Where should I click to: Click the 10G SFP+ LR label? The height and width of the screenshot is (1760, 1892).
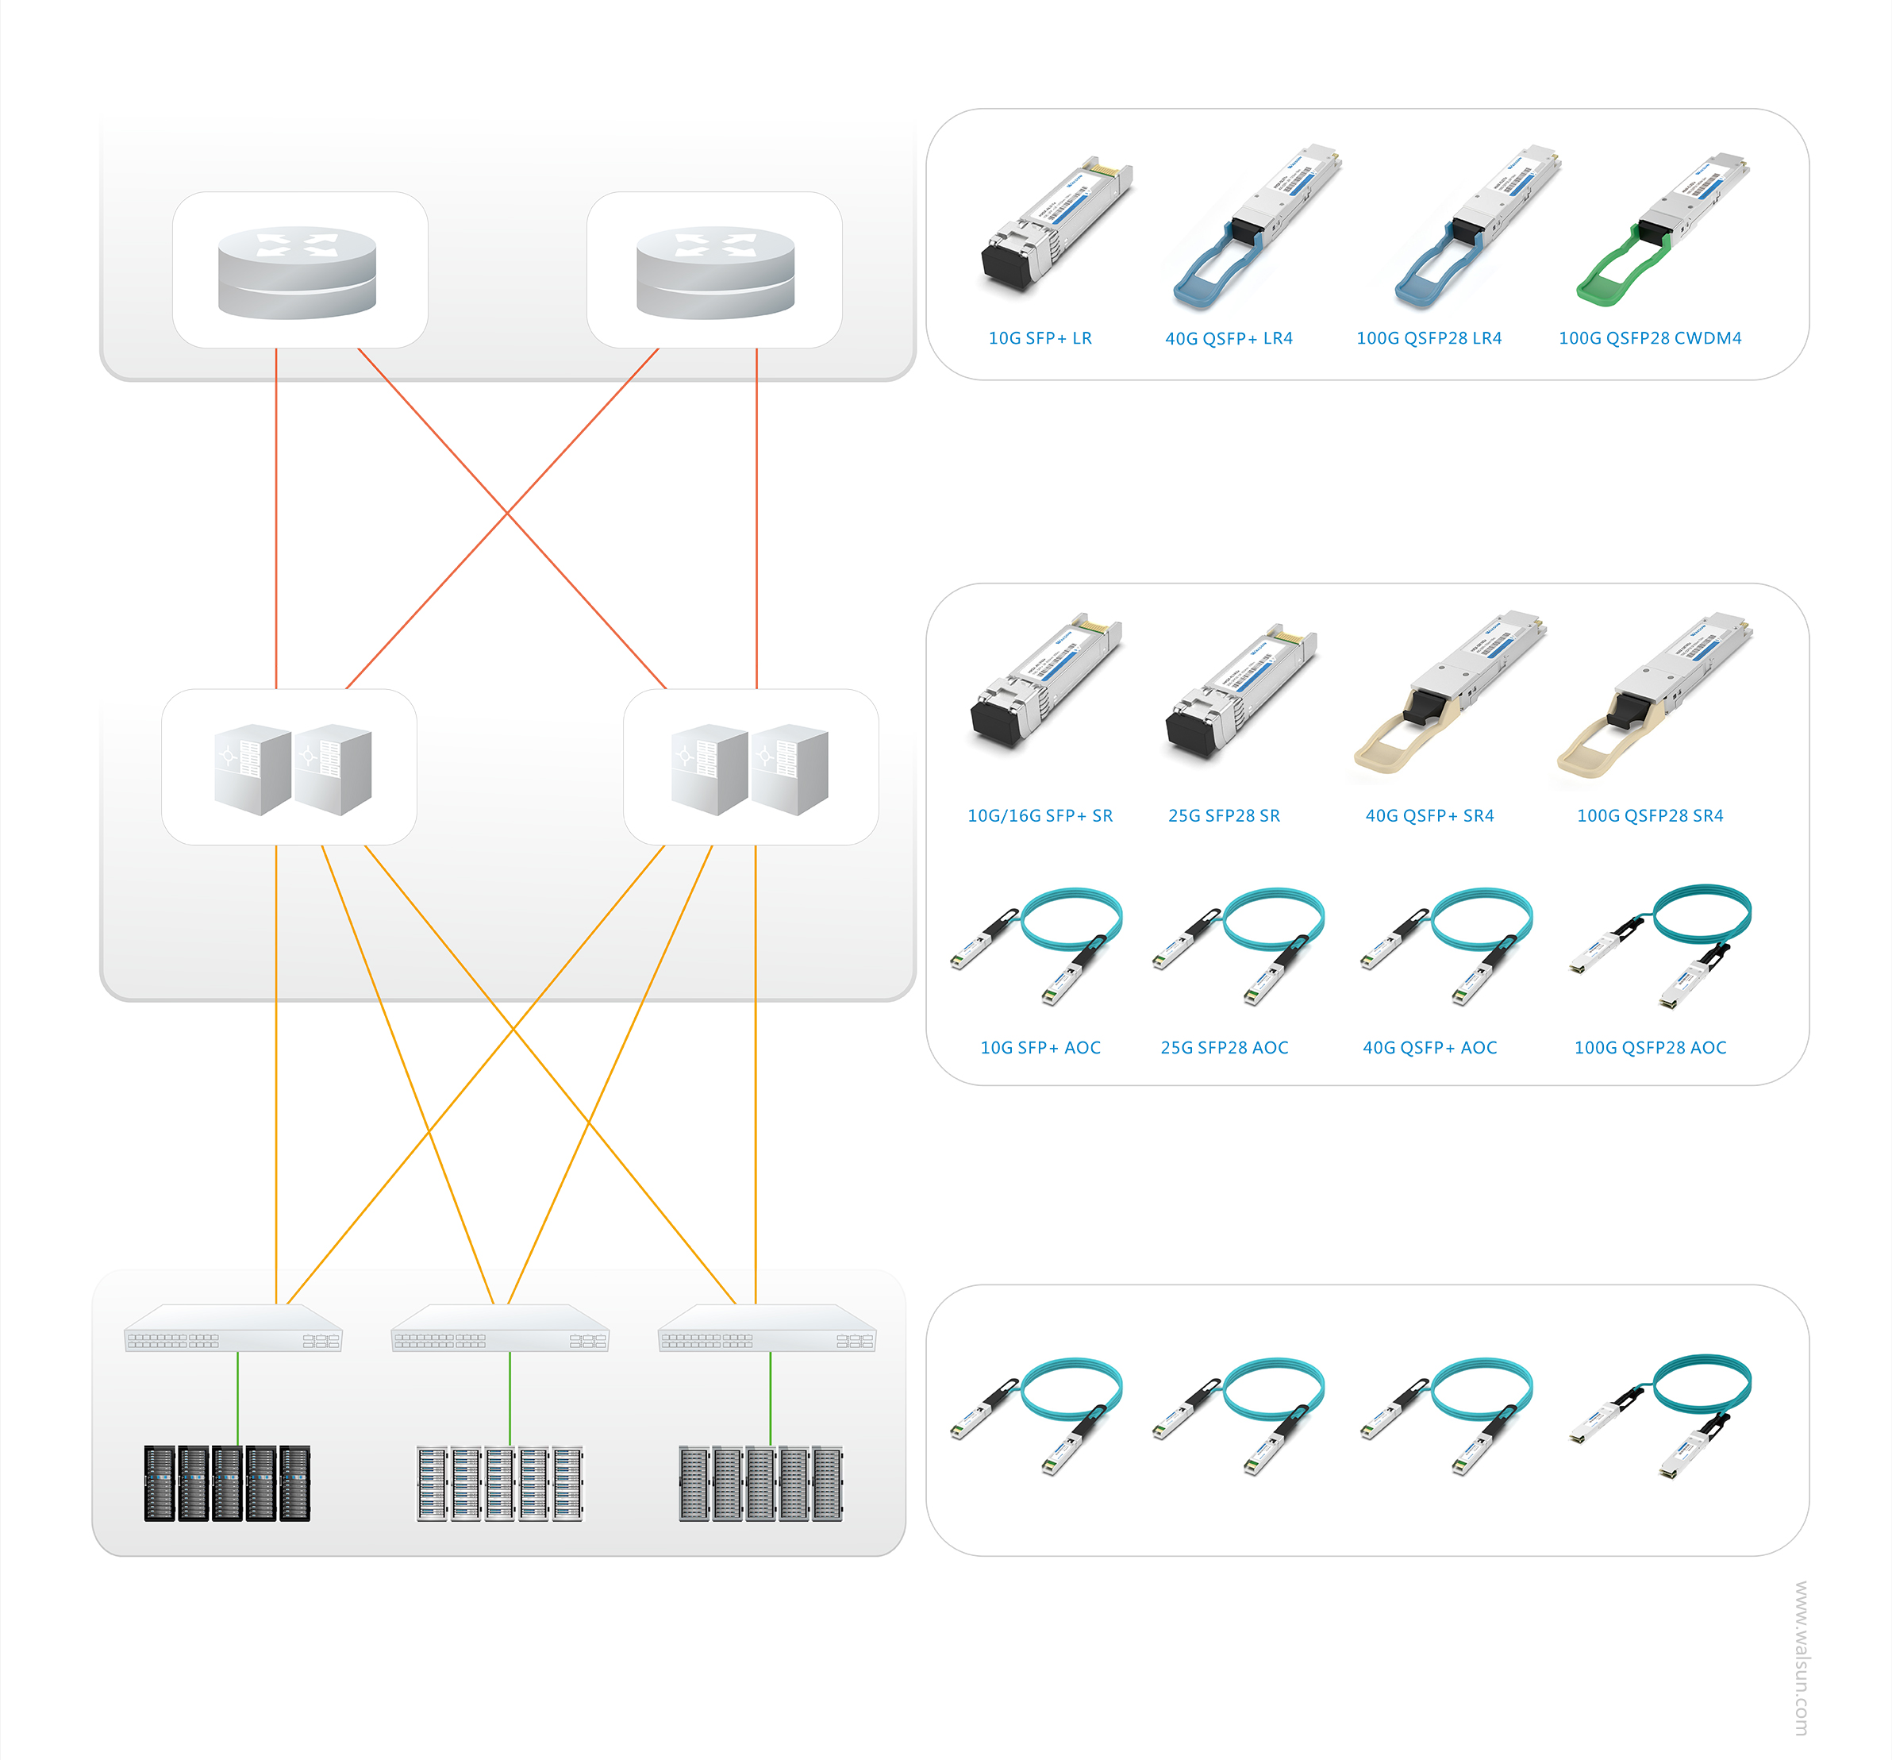tap(1040, 338)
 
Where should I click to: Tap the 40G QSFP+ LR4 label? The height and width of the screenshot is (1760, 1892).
tap(1228, 338)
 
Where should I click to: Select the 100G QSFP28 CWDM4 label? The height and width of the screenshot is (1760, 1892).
tap(1649, 338)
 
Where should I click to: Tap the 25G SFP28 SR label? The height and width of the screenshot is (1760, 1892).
tap(1223, 816)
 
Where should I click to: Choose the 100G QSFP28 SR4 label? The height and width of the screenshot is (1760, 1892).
tap(1649, 816)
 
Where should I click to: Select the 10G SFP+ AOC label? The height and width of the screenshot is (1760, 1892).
tap(1040, 1048)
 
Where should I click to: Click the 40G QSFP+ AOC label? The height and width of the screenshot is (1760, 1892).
tap(1429, 1048)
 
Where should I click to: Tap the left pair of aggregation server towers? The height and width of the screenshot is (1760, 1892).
tap(292, 769)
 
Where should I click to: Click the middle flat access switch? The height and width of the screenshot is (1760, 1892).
tap(500, 1328)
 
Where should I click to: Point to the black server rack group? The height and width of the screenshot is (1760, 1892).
tap(226, 1483)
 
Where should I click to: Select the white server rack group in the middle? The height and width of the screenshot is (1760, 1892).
tap(500, 1483)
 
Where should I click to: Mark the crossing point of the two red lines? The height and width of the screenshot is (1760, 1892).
tap(507, 513)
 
